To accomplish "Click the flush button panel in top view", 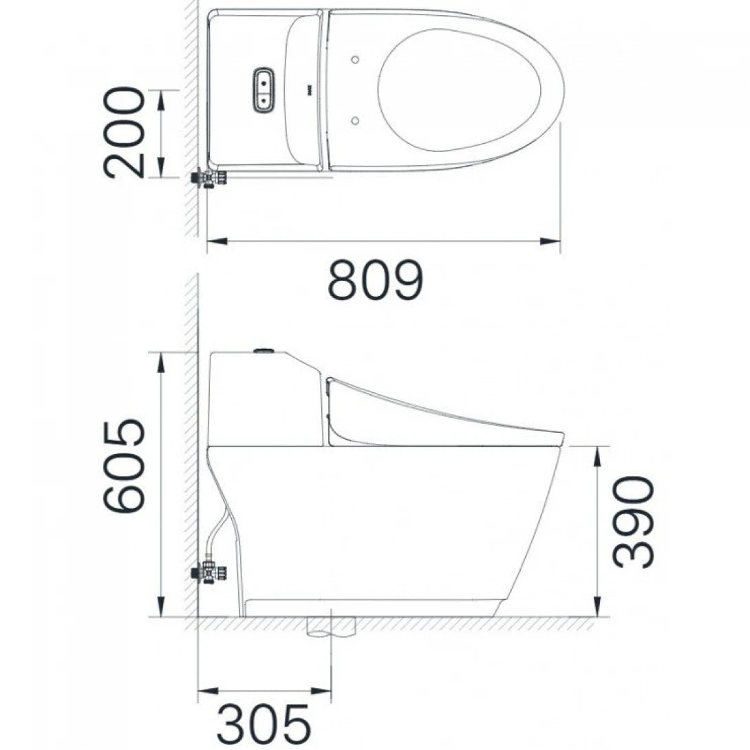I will tap(264, 89).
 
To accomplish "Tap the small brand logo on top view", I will tap(308, 89).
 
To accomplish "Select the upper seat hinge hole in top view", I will tap(354, 60).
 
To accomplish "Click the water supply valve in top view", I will tap(208, 178).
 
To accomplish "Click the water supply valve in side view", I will tap(210, 572).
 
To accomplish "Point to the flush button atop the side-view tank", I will tap(264, 351).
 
